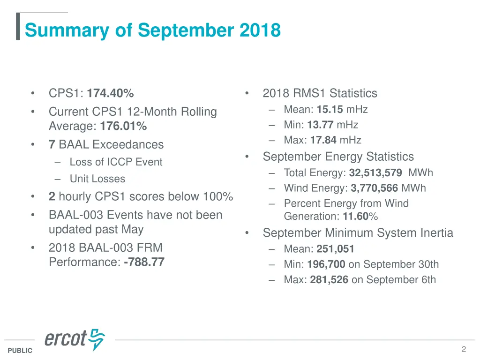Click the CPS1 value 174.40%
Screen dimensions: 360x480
click(x=110, y=93)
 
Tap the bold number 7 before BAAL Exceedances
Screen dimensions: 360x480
click(x=52, y=144)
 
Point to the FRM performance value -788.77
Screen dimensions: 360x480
click(x=144, y=262)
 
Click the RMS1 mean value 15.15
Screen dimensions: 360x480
click(x=330, y=110)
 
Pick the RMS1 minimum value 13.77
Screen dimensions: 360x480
click(x=321, y=125)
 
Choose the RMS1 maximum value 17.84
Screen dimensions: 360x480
click(x=322, y=140)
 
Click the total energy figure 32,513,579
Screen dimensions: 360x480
click(x=375, y=173)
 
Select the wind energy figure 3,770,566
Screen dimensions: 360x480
click(x=374, y=188)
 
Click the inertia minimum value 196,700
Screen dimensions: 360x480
click(x=326, y=265)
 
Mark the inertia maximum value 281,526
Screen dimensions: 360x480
click(x=329, y=280)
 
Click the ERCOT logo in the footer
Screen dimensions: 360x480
click(x=75, y=339)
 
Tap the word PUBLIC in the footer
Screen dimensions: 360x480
click(x=20, y=351)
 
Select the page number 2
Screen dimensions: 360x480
click(x=464, y=349)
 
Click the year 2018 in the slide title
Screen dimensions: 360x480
click(x=260, y=30)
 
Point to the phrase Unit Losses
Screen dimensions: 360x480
click(x=97, y=179)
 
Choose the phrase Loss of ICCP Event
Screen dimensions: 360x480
click(x=116, y=162)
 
